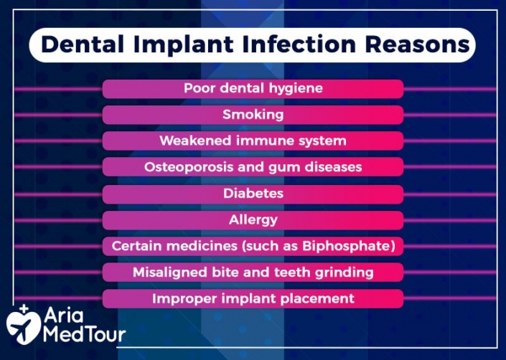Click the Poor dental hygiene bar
tap(253, 88)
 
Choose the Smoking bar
tap(253, 115)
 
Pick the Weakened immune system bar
tap(253, 141)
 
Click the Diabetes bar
tap(253, 194)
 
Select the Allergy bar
tap(253, 219)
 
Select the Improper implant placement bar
tap(253, 298)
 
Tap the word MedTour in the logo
tap(84, 334)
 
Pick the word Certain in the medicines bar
tap(136, 246)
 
